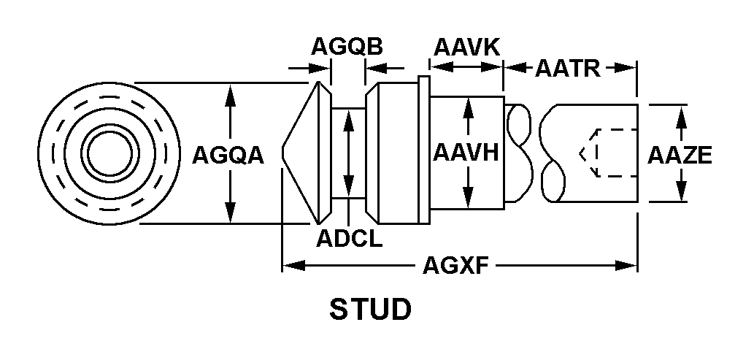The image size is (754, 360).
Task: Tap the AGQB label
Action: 347,47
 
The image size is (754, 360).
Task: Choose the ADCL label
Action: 349,238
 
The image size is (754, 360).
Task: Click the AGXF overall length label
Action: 456,267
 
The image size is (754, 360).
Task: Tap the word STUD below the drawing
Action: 371,310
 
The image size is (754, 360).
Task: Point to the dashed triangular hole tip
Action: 582,154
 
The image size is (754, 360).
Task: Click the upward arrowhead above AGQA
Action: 231,91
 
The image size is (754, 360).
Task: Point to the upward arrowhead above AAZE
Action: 680,112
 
